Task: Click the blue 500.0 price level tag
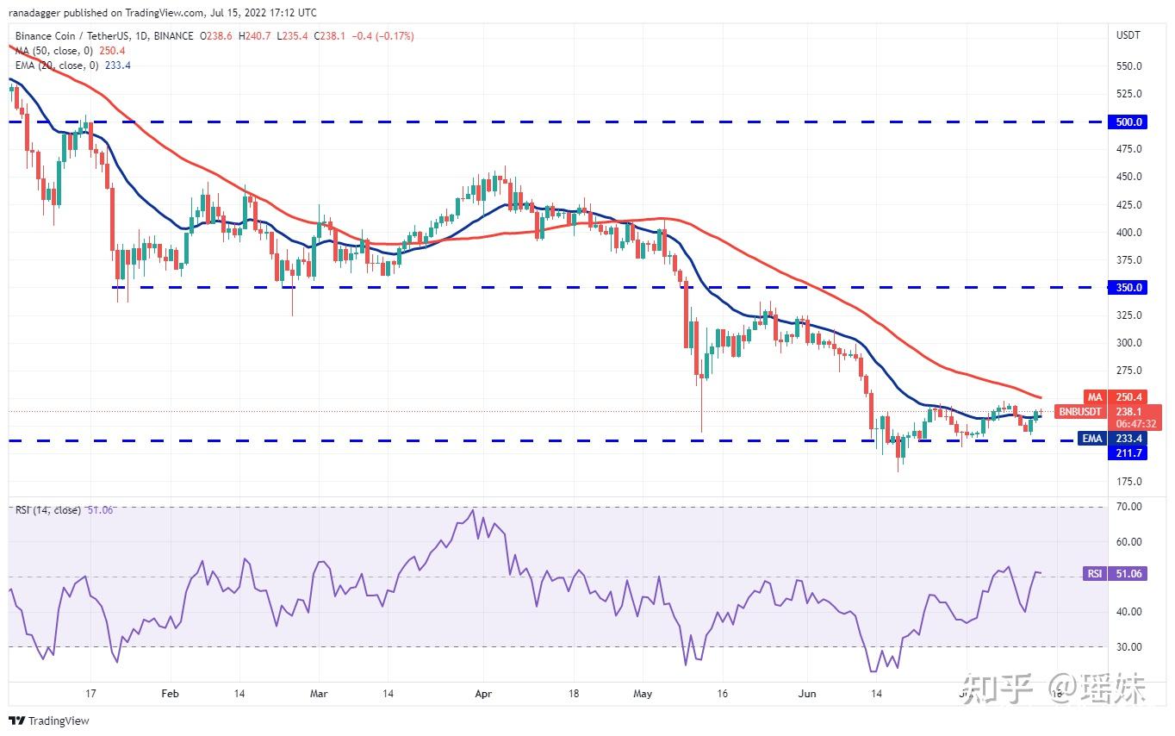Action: [1128, 122]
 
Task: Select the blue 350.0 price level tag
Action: [1128, 288]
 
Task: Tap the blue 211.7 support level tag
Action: [1128, 452]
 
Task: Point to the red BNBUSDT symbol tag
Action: [1080, 412]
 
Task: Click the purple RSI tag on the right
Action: [1093, 574]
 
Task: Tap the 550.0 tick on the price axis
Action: [1128, 66]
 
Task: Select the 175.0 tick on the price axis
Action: [1128, 482]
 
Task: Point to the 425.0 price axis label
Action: [1128, 205]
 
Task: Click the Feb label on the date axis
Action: [170, 693]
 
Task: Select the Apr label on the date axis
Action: [483, 693]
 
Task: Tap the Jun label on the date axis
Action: [806, 693]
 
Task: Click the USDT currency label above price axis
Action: [1128, 35]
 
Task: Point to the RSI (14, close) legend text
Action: [48, 510]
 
